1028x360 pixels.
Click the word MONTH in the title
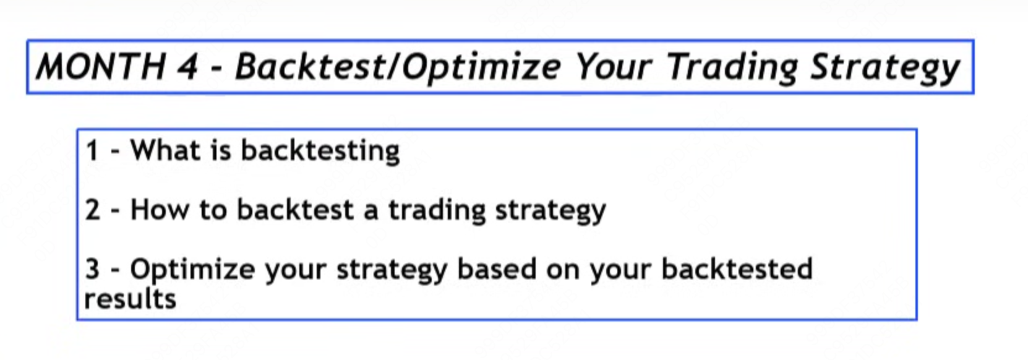pyautogui.click(x=101, y=67)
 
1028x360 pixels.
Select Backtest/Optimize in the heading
pyautogui.click(x=398, y=67)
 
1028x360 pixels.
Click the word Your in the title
pyautogui.click(x=614, y=67)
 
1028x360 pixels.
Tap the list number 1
pyautogui.click(x=93, y=150)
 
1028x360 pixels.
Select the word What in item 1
pyautogui.click(x=166, y=150)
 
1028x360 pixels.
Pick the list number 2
pyautogui.click(x=93, y=210)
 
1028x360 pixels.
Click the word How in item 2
pyautogui.click(x=160, y=210)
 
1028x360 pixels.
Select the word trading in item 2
pyautogui.click(x=437, y=210)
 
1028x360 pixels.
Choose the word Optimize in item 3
pyautogui.click(x=193, y=270)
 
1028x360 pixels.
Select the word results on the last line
pyautogui.click(x=131, y=299)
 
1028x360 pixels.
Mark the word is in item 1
pyautogui.click(x=221, y=150)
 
